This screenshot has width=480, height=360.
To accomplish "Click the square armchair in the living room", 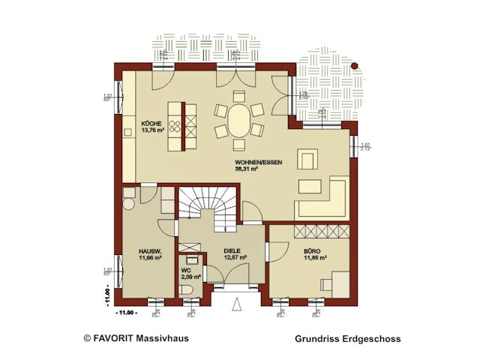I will coord(307,159).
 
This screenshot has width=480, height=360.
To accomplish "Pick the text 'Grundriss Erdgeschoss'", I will coord(348,339).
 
